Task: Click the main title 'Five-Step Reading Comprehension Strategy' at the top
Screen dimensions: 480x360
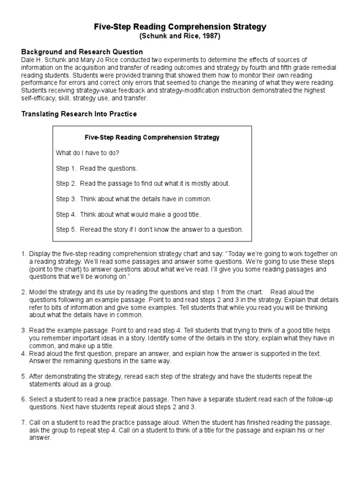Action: (x=180, y=27)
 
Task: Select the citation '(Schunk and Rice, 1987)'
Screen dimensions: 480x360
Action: (x=180, y=36)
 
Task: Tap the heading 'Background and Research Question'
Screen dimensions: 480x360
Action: (x=82, y=52)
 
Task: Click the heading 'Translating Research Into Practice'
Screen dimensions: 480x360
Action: (x=79, y=114)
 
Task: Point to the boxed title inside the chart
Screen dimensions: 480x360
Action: (x=152, y=138)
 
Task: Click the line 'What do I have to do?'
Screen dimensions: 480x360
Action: (x=88, y=153)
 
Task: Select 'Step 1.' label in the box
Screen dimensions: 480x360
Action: (x=66, y=168)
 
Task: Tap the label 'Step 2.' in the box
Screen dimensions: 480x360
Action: (x=66, y=183)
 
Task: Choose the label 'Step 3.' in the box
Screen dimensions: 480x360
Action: (x=66, y=199)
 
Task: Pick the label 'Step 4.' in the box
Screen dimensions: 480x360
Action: (x=66, y=214)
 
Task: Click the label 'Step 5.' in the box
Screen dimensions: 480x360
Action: (x=66, y=229)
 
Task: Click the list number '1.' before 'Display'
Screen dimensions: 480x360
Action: (x=24, y=254)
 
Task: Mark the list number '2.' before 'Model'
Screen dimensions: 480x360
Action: (x=24, y=292)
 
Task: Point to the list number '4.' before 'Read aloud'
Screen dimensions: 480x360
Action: (x=24, y=353)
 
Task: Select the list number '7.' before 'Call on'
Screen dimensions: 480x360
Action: (x=24, y=422)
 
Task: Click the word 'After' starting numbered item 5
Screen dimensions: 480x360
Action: (x=37, y=376)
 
